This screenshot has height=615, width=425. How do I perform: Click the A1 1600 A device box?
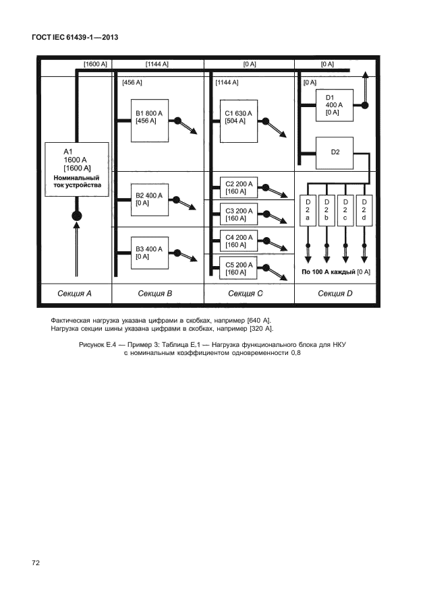[76, 169]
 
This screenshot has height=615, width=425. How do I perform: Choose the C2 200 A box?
[239, 187]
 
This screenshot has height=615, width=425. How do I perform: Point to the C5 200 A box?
[239, 269]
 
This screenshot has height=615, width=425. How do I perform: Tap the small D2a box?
[308, 209]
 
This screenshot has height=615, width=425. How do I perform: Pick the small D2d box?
[364, 209]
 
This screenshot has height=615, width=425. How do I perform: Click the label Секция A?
[72, 294]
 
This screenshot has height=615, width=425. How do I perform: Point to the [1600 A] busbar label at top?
[94, 64]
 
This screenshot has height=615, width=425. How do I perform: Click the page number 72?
[36, 562]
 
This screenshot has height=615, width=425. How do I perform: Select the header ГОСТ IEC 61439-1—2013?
[74, 37]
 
